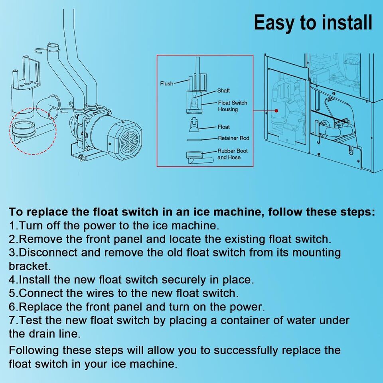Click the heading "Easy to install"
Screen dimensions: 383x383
pyautogui.click(x=313, y=23)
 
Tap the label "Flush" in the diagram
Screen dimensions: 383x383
pyautogui.click(x=167, y=83)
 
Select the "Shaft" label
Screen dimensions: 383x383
pyautogui.click(x=223, y=91)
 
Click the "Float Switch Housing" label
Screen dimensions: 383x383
pyautogui.click(x=232, y=106)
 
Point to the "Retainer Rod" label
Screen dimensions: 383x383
pyautogui.click(x=233, y=138)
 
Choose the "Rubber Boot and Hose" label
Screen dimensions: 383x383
pyautogui.click(x=232, y=154)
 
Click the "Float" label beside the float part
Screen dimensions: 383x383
pyautogui.click(x=223, y=127)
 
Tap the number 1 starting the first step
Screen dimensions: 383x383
pyautogui.click(x=12, y=225)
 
